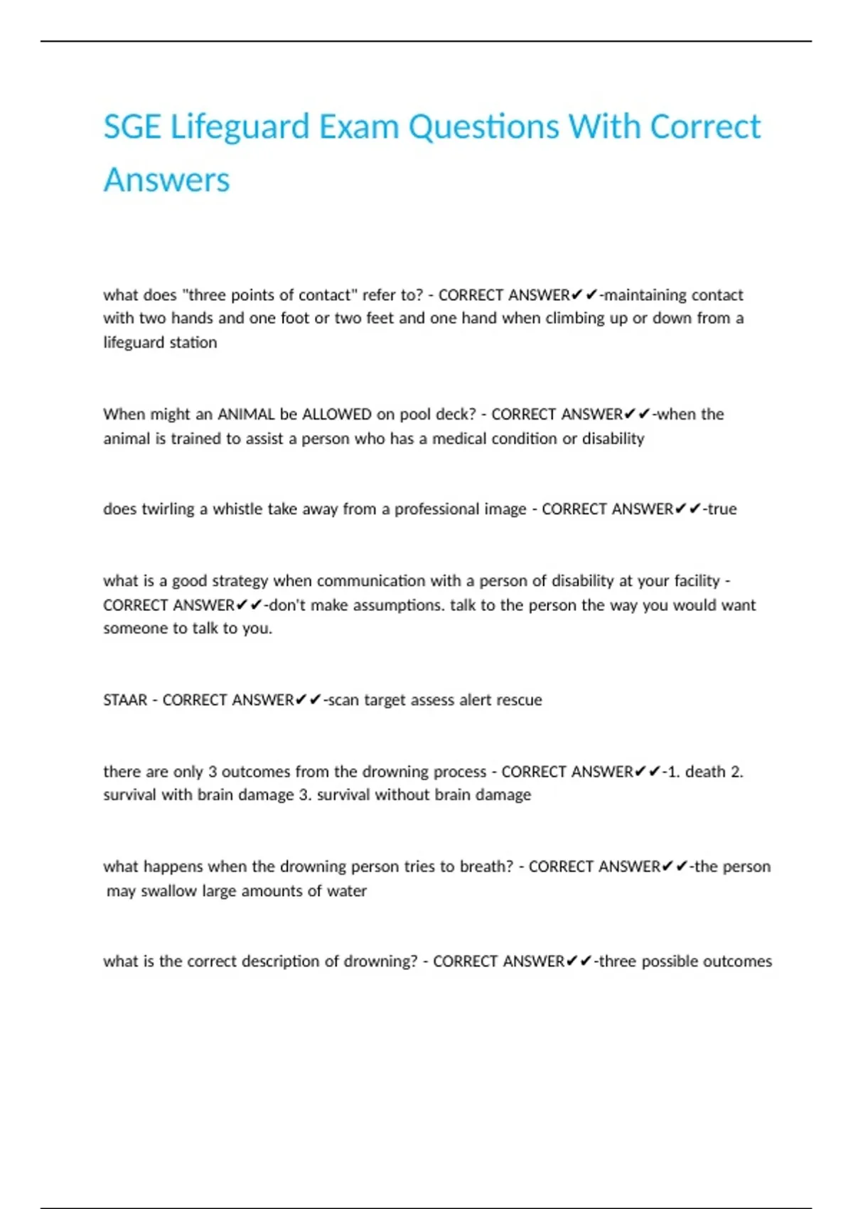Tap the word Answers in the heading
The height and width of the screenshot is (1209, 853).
(167, 180)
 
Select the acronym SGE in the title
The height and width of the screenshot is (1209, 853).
(132, 128)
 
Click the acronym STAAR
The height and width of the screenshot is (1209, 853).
(125, 701)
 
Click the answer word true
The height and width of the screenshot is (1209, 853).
(722, 509)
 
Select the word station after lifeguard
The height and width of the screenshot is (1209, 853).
(193, 343)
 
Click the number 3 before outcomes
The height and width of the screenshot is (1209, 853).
(212, 772)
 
